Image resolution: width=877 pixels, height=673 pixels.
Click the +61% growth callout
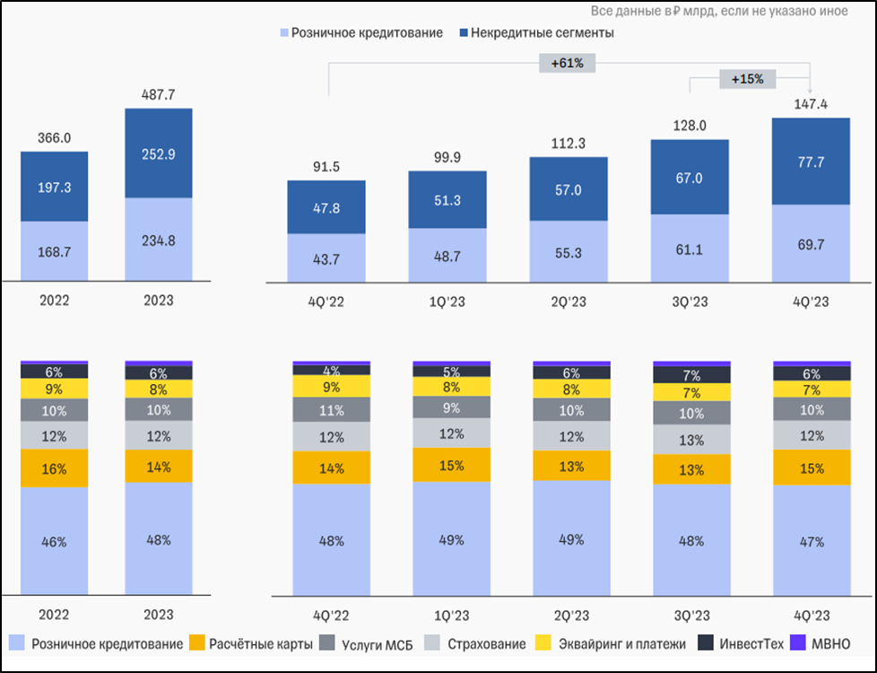568,62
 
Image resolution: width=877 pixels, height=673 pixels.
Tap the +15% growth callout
747,79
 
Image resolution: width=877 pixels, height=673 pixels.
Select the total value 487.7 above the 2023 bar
158,93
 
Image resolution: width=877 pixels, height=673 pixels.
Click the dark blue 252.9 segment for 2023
158,153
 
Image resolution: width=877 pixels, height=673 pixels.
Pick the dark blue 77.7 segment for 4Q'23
811,162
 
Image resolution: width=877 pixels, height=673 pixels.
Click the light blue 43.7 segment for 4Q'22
326,258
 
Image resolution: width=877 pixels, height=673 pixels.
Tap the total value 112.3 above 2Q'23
568,143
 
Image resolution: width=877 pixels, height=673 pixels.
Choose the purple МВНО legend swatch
798,643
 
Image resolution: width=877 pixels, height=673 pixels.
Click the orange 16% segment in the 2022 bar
55,468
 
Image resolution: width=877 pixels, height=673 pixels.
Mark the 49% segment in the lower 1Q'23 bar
450,539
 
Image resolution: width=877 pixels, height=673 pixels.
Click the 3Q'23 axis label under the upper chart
690,302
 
